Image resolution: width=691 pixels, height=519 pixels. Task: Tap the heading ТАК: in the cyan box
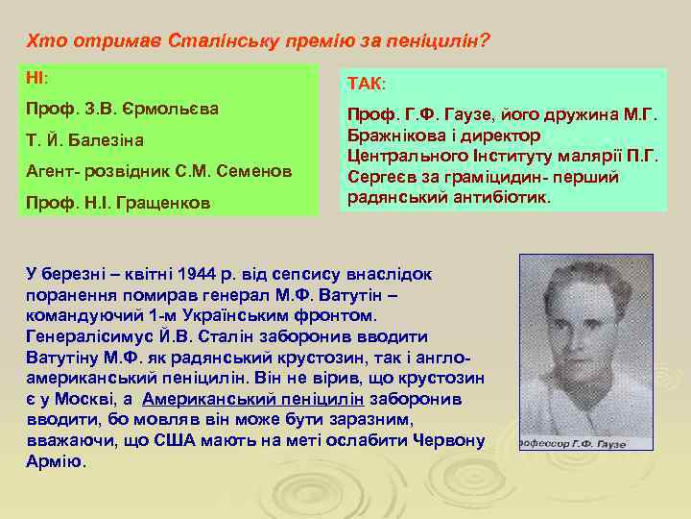tap(368, 86)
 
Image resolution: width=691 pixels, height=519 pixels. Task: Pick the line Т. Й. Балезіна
tap(85, 140)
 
